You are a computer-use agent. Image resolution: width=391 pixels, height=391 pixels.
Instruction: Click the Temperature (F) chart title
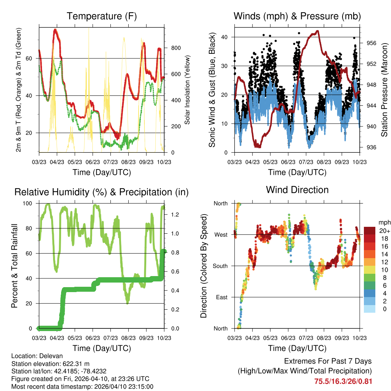[x=102, y=16]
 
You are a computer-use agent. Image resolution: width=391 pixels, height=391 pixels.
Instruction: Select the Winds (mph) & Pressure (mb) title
[x=297, y=16]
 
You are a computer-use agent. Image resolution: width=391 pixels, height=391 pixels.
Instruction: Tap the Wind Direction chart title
[x=297, y=190]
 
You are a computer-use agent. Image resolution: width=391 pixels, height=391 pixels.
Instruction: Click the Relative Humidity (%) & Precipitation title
[x=102, y=192]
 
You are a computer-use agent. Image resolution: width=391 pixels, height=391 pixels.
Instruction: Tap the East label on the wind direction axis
[x=221, y=297]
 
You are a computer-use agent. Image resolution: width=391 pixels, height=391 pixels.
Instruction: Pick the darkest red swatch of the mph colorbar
[x=370, y=230]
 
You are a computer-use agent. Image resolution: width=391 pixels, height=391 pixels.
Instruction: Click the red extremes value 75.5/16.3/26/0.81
[x=343, y=381]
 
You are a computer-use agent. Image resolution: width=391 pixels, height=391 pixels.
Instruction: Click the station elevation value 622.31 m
[x=76, y=364]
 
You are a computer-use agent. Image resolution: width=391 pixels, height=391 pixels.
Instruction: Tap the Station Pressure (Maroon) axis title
[x=385, y=90]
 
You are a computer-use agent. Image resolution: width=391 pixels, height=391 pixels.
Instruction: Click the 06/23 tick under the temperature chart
[x=92, y=162]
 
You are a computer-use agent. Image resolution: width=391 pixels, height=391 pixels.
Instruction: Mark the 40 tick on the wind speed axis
[x=226, y=37]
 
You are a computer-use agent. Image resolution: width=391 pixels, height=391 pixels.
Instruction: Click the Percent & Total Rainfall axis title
[x=14, y=266]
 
